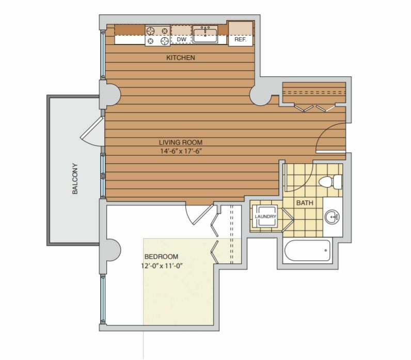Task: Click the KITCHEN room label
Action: click(181, 57)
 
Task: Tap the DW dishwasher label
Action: click(181, 39)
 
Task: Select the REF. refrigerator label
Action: click(241, 40)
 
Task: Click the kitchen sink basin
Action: click(205, 35)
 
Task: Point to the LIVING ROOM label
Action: click(181, 143)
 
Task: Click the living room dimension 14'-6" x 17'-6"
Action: click(181, 151)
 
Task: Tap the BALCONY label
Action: click(75, 179)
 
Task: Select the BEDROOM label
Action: click(161, 256)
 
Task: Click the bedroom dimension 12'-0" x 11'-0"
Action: click(162, 266)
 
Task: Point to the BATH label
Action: click(305, 202)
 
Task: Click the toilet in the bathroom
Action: click(330, 181)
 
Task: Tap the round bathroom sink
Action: click(332, 217)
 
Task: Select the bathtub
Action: click(308, 251)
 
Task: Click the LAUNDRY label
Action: click(265, 216)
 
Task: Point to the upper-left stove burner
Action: click(150, 31)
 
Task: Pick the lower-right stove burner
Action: click(165, 41)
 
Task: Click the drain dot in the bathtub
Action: click(326, 251)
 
